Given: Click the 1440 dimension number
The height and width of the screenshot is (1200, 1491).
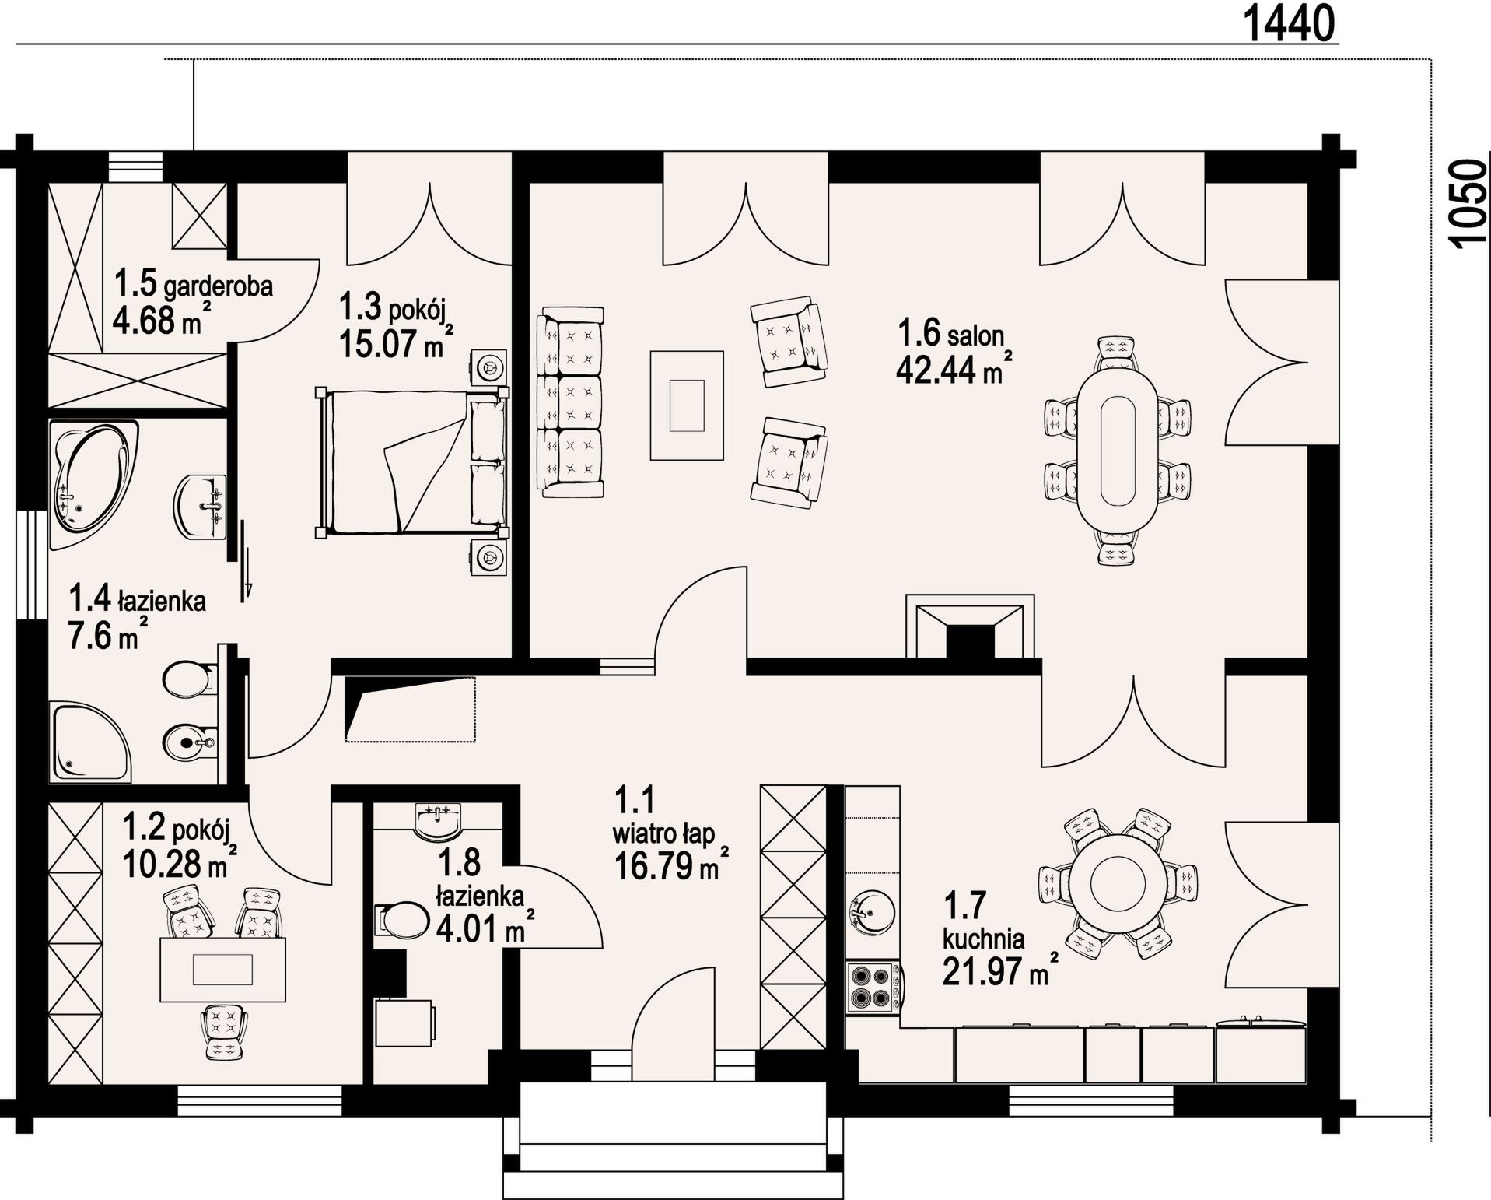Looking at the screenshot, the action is pyautogui.click(x=1290, y=23).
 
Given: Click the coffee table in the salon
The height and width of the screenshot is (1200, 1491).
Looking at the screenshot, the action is pyautogui.click(x=688, y=405).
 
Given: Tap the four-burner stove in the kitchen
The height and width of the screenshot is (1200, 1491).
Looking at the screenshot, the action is pyautogui.click(x=871, y=987).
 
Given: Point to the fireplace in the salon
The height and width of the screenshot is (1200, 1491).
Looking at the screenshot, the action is pyautogui.click(x=970, y=627).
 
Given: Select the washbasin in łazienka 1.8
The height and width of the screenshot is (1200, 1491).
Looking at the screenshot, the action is pyautogui.click(x=438, y=822).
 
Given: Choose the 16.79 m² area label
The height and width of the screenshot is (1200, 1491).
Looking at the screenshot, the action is pyautogui.click(x=672, y=865).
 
